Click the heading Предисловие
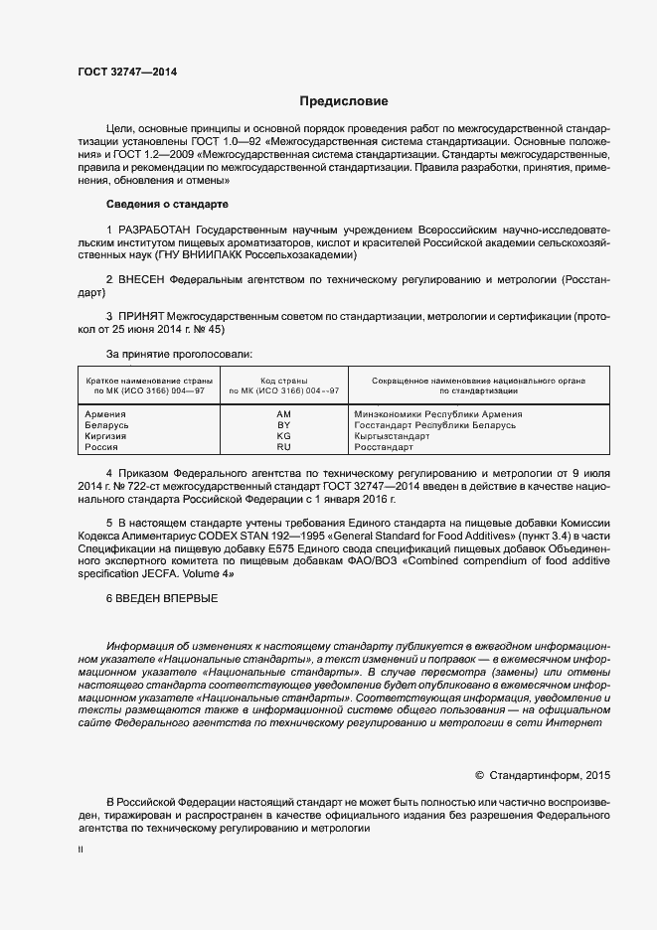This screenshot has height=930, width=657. point(344,101)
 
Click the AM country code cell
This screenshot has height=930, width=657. point(283,414)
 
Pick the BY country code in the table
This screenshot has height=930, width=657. point(283,425)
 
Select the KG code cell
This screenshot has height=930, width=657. point(283,436)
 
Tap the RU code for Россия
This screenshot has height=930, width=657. point(283,448)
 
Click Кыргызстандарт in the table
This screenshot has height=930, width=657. point(392,436)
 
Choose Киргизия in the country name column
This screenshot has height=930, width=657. point(107,436)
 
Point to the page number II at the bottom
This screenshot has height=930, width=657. point(81,851)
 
